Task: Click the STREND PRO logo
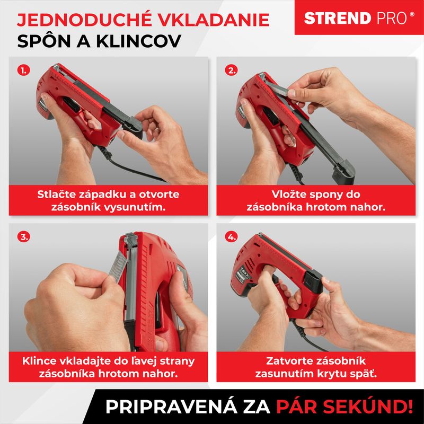coord(359,18)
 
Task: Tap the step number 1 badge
coord(23,70)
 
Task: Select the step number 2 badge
coord(231,70)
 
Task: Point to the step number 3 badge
coord(23,237)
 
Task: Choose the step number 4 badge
coord(231,237)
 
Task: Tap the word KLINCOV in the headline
coord(138,41)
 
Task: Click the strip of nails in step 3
coord(118,266)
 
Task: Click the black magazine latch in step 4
coord(313,281)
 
